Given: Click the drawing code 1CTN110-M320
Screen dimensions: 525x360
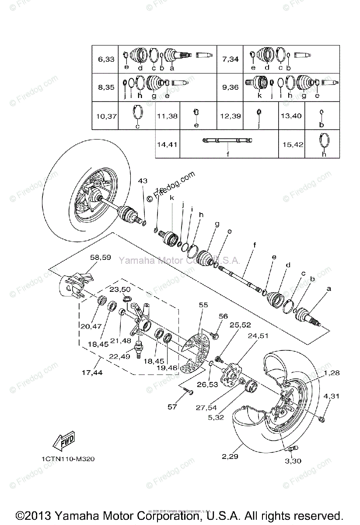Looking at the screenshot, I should pos(68,459).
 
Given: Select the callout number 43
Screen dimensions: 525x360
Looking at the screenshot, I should pos(143,181).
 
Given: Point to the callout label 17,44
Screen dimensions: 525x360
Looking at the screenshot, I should pos(92,373).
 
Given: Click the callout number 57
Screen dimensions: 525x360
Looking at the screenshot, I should pos(172,407).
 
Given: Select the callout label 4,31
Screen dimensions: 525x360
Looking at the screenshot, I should pos(332,396).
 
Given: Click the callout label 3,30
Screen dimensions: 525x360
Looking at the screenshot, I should pos(293,461).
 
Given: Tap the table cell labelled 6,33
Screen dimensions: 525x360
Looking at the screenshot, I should pos(106,59).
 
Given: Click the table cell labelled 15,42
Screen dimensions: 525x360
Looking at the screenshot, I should pos(292,144).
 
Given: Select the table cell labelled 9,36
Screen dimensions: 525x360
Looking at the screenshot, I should pos(230,87).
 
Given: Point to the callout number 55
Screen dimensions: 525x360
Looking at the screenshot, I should pos(203,304).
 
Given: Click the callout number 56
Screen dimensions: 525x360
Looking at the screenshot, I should pos(224,316).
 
